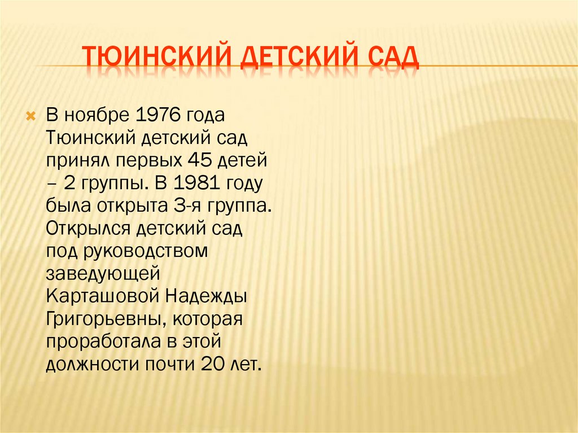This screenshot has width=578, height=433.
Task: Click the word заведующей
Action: tap(104, 274)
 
